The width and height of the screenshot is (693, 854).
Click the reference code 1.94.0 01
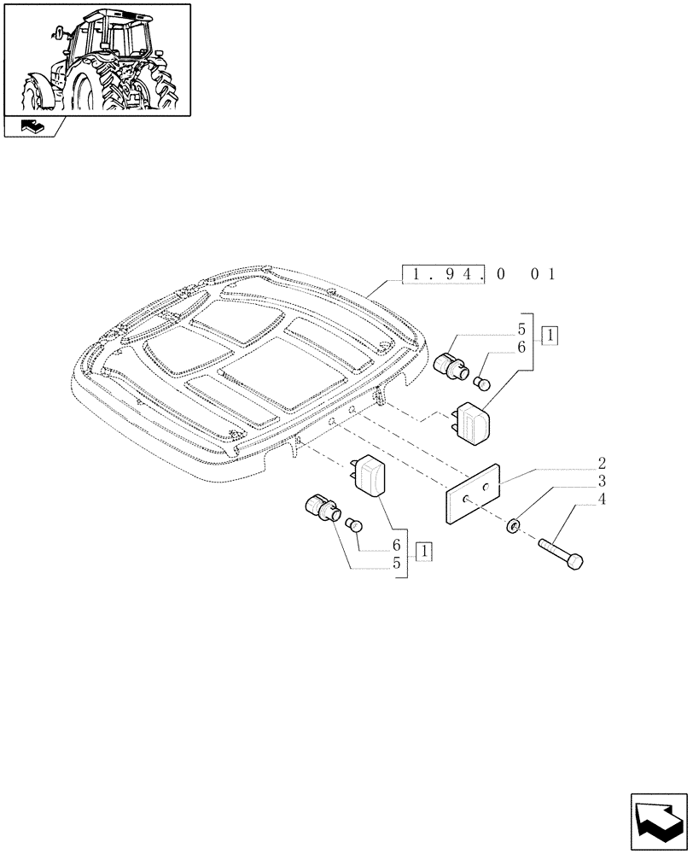coord(479,274)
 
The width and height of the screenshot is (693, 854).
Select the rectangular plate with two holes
coord(472,493)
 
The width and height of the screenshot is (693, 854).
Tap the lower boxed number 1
coord(424,551)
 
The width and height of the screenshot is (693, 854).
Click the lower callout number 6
coord(397,545)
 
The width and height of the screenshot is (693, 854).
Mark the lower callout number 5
coord(397,563)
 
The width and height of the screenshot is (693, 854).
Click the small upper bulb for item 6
coord(483,382)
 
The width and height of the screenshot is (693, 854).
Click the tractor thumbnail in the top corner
coord(96,59)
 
